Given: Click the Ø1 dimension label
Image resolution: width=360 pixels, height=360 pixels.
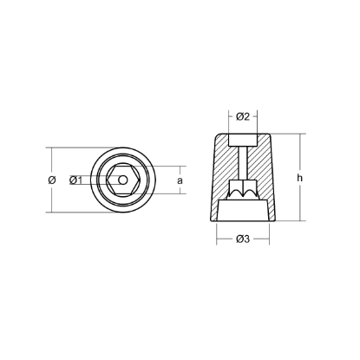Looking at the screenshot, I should (75, 180).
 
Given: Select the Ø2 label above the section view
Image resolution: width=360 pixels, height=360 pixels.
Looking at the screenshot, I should (243, 117).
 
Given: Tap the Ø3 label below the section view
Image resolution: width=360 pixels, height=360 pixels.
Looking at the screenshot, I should (243, 239).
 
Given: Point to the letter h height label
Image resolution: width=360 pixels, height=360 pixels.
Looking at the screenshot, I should (299, 179).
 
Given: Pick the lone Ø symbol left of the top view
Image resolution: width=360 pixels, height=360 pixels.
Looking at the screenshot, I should (54, 180).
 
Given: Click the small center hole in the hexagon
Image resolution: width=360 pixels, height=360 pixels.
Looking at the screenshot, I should (123, 180).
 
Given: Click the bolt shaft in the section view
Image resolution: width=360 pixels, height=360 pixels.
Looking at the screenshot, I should (243, 165).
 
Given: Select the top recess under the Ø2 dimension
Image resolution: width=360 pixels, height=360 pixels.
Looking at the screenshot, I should (243, 141).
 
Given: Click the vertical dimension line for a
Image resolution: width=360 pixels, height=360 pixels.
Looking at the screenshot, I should (171, 180).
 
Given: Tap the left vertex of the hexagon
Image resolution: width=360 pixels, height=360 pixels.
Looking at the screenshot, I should (109, 180).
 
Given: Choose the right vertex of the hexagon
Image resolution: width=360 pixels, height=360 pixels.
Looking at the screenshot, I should (137, 180).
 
